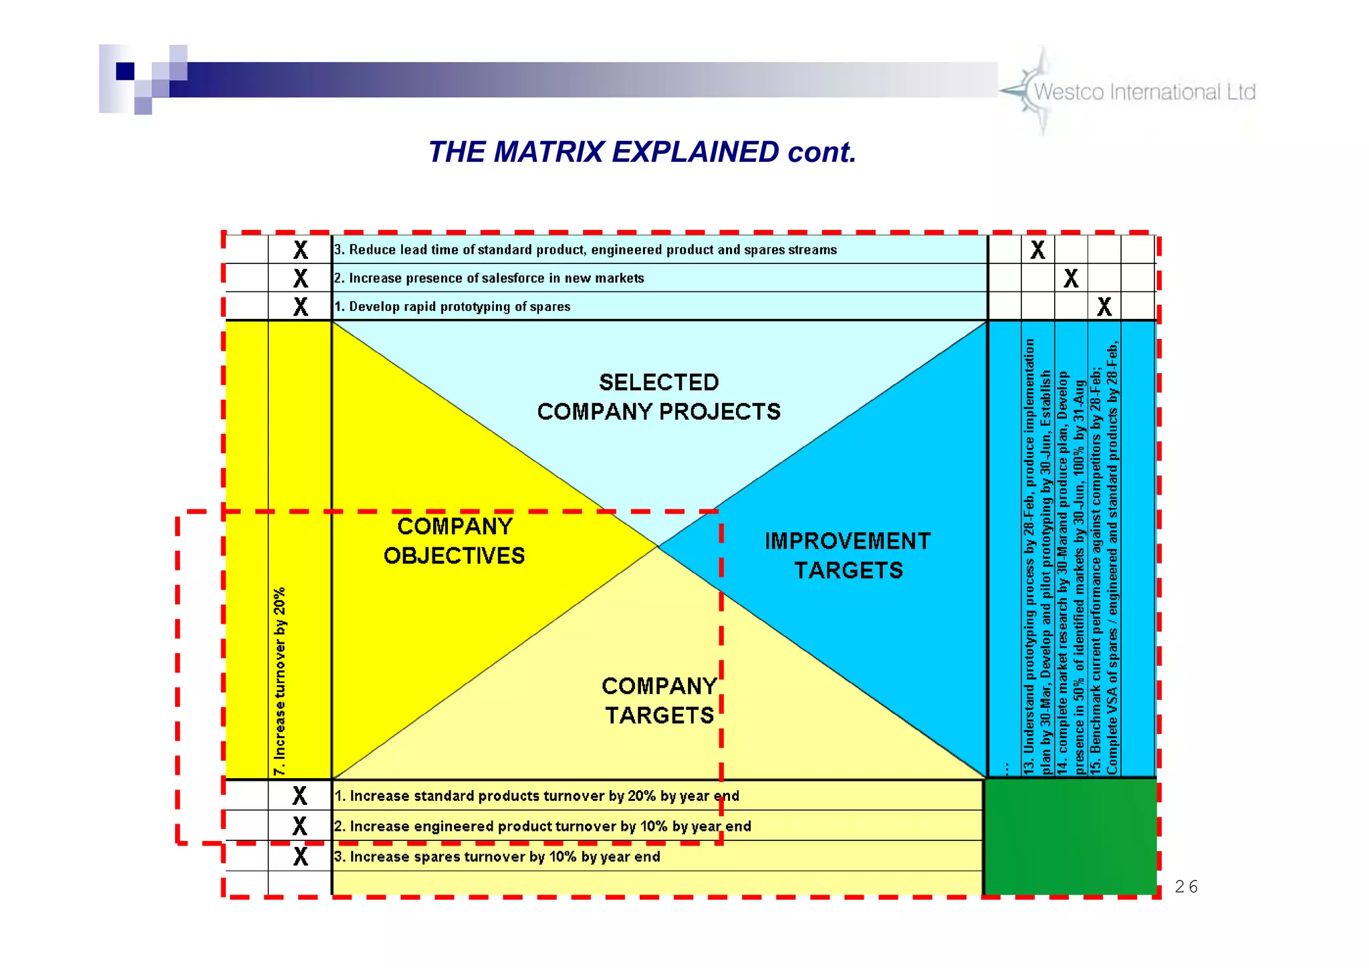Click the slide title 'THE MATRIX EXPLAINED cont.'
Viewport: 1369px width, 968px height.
click(642, 152)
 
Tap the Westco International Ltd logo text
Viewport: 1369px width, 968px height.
click(1144, 92)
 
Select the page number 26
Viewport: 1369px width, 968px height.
click(1186, 886)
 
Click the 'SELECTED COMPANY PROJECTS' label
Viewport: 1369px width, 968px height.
click(658, 397)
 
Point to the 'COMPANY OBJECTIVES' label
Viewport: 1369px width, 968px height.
click(455, 541)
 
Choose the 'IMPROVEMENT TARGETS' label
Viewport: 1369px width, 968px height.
click(848, 556)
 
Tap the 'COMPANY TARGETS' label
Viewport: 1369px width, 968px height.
click(659, 701)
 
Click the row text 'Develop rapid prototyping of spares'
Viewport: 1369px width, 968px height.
click(453, 307)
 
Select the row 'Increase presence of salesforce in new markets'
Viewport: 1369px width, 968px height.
click(489, 278)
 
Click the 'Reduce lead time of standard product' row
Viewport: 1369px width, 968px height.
click(586, 250)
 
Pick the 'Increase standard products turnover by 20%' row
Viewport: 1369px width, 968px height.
click(537, 796)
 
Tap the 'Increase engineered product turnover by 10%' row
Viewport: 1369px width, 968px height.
click(543, 826)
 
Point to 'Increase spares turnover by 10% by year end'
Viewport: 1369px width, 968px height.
click(497, 857)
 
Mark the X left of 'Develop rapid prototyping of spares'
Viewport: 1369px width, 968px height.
click(301, 307)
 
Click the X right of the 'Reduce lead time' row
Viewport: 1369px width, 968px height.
click(1037, 250)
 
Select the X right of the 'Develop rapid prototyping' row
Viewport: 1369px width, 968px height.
click(1104, 307)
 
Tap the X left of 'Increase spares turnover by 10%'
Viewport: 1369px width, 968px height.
click(301, 857)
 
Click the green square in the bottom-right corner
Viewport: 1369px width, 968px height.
click(1071, 836)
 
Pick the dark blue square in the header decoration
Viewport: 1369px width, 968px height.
click(125, 71)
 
